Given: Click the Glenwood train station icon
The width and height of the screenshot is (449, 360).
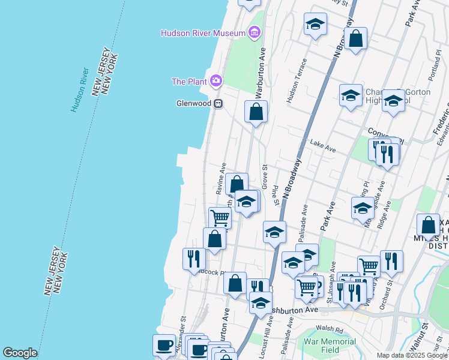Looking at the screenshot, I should pos(218,103).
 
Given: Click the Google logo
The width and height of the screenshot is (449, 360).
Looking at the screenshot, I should pos(20,353).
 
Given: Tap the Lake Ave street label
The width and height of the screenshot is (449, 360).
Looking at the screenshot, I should pos(322,144).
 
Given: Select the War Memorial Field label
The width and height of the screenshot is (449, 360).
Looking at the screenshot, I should pos(330,345).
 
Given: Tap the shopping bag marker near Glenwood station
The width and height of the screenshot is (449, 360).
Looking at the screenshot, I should pos(256,112).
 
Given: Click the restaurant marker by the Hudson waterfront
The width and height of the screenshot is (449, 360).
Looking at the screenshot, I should pos(194,259).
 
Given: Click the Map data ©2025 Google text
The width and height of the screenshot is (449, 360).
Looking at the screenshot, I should pos(411,355).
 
